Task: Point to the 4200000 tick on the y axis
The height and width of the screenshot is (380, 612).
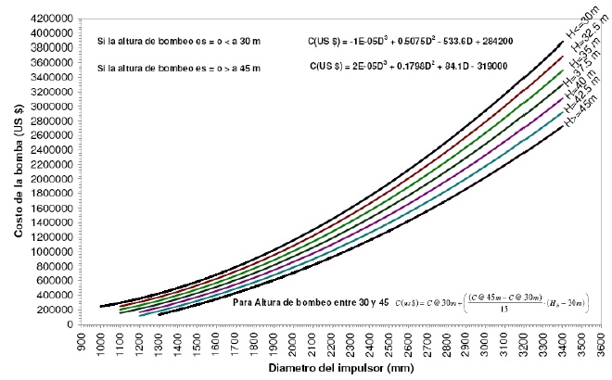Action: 54,19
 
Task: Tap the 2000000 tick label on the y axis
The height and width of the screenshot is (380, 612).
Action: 54,179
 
